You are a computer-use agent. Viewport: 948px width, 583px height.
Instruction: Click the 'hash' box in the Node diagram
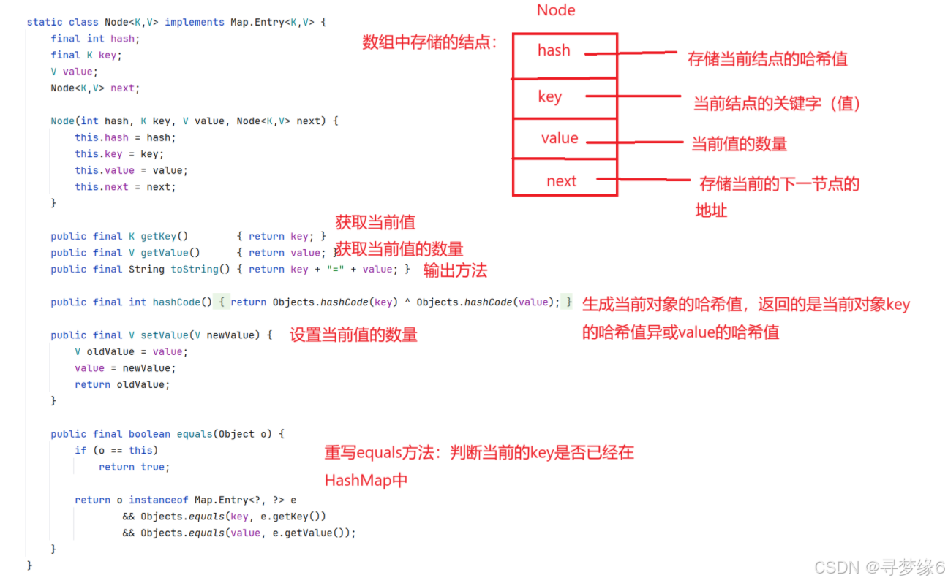coord(564,56)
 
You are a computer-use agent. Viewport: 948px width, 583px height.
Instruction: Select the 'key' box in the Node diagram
coord(564,98)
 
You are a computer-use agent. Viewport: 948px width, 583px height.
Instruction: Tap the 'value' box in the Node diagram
coord(564,139)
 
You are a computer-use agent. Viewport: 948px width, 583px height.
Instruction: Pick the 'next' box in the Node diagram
coord(564,178)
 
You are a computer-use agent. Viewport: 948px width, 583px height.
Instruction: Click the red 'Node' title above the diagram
coord(556,10)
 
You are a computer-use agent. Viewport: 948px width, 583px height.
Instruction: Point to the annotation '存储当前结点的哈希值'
coord(767,59)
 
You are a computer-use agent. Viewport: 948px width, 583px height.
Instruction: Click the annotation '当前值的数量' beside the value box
coord(739,144)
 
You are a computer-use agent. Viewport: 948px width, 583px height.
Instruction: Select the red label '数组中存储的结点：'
coord(430,42)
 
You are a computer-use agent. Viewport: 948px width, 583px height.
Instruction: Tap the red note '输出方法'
coord(455,270)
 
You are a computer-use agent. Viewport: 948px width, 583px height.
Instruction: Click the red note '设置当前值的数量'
coord(353,335)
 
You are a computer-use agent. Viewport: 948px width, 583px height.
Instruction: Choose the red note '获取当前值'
coord(375,222)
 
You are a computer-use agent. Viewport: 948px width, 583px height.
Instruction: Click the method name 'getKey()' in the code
coord(165,236)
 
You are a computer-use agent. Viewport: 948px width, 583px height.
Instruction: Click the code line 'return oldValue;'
coord(122,384)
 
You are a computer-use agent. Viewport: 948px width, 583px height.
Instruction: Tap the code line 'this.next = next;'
coord(125,186)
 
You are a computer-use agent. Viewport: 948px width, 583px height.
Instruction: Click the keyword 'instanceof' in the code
coord(158,500)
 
